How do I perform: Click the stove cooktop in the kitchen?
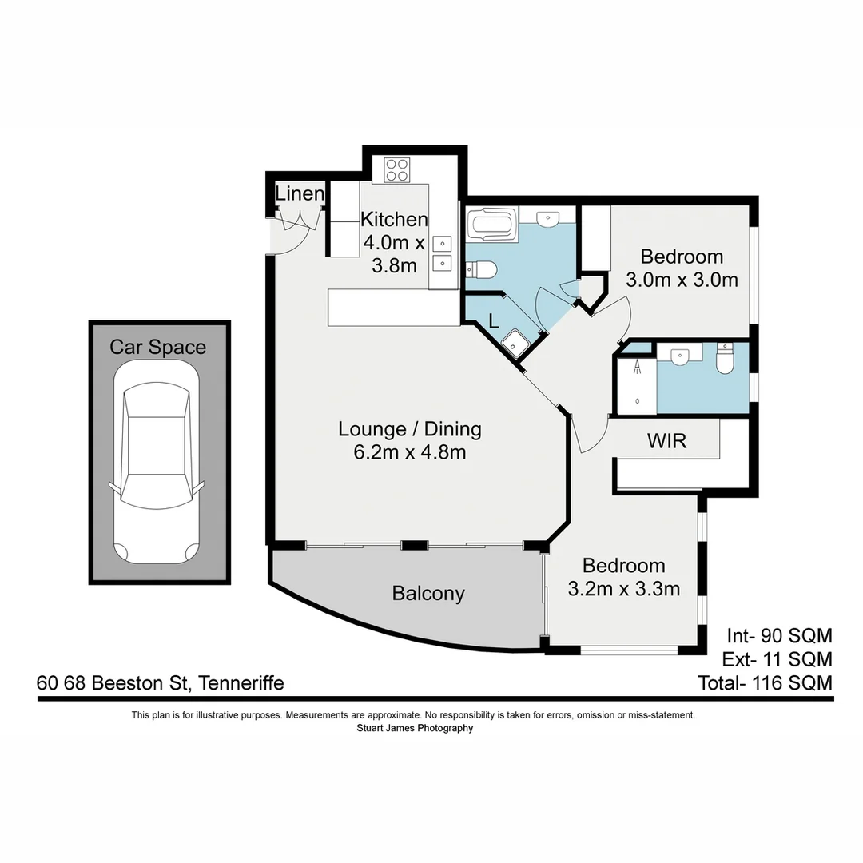click(x=397, y=169)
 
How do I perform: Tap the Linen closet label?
click(x=300, y=193)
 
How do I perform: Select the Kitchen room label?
click(x=394, y=219)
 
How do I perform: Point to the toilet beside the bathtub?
click(x=482, y=270)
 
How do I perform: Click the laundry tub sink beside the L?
click(x=515, y=343)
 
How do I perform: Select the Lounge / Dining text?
click(x=409, y=429)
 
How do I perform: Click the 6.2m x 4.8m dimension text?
click(x=409, y=453)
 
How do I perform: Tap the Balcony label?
click(x=428, y=594)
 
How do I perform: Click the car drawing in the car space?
click(x=157, y=463)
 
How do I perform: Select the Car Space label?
click(x=157, y=347)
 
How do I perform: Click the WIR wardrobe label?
click(x=666, y=440)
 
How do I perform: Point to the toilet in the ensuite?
click(x=725, y=360)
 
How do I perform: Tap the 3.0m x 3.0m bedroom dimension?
click(x=682, y=280)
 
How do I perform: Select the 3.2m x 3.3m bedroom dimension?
click(x=623, y=590)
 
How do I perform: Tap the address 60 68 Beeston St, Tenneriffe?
click(x=160, y=683)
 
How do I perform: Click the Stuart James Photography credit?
click(x=414, y=728)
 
